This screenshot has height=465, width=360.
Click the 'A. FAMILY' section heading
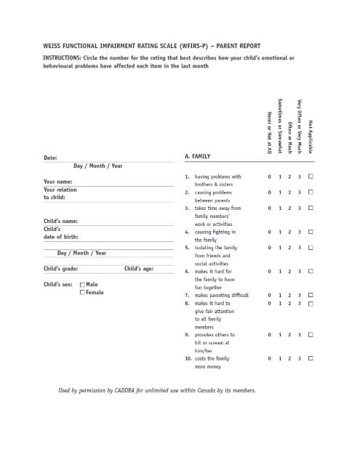tap(193, 155)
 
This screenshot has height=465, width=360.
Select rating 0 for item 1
tap(269, 177)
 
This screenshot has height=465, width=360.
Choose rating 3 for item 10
tap(298, 359)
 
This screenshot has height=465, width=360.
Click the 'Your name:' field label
tap(57, 182)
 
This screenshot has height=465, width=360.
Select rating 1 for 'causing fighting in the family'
tap(279, 231)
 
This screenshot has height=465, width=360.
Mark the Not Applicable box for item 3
tap(311, 208)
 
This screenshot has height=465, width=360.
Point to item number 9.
tap(187, 335)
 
